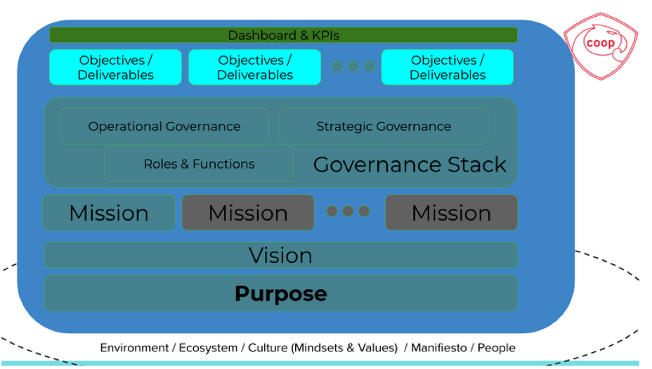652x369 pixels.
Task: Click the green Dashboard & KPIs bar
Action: coord(283,35)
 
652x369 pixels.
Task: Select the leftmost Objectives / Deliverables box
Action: coord(115,67)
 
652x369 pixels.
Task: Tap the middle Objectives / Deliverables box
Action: coord(254,67)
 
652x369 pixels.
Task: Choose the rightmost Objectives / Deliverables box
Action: coord(448,67)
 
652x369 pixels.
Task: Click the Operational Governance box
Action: coord(164,127)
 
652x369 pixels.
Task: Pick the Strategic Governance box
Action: coord(384,127)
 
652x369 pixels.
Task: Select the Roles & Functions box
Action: coord(199,164)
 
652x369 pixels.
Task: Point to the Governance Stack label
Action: coord(410,164)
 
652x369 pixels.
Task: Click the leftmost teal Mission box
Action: coord(109,213)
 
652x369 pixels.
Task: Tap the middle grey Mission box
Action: coord(248,213)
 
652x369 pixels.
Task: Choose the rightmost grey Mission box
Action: coord(451,213)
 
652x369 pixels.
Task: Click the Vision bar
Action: coord(280,255)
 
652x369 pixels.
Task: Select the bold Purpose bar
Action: coord(280,293)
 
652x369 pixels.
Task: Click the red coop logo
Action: coord(601,44)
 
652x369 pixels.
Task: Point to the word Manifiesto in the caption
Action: coord(441,348)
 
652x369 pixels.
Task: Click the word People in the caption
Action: coord(497,348)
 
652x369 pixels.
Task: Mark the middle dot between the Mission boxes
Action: coord(348,212)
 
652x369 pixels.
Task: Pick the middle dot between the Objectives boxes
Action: coord(353,67)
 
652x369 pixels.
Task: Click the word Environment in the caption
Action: coord(133,348)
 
